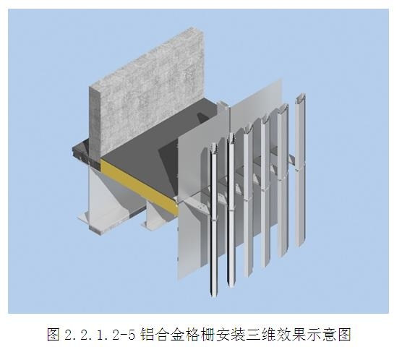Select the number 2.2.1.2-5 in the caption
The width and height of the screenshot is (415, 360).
point(100,335)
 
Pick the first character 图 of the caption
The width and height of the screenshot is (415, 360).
point(54,334)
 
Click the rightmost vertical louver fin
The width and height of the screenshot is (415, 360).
point(300,169)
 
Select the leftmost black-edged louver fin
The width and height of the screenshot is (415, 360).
point(214,220)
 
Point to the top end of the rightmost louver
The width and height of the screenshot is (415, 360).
point(301,95)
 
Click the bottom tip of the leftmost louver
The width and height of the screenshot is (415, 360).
point(214,296)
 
